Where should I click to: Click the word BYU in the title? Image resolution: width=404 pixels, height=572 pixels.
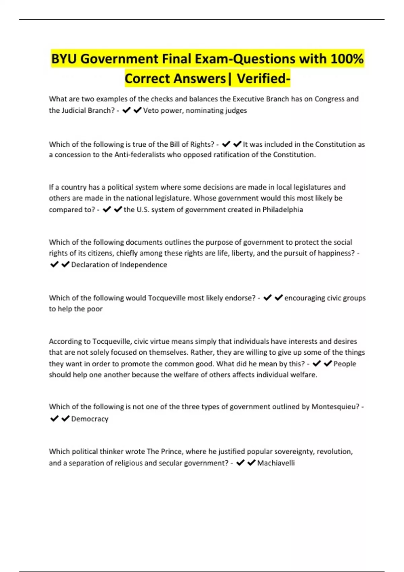pyautogui.click(x=64, y=59)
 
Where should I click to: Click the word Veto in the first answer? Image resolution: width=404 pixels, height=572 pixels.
pyautogui.click(x=150, y=110)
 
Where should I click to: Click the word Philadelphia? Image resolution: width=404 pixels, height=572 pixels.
pyautogui.click(x=282, y=210)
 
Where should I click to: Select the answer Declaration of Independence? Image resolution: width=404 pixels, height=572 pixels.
pyautogui.click(x=119, y=265)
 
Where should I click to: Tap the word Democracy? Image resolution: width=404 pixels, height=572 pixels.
pyautogui.click(x=90, y=419)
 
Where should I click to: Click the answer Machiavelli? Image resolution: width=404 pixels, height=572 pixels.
pyautogui.click(x=276, y=463)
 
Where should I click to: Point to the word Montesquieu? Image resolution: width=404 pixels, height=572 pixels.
pyautogui.click(x=335, y=406)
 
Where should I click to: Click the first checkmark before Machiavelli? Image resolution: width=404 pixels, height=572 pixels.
pyautogui.click(x=240, y=463)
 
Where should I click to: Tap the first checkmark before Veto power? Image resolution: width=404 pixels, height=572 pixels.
pyautogui.click(x=126, y=110)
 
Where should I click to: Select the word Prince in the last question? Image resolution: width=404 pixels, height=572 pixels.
pyautogui.click(x=171, y=452)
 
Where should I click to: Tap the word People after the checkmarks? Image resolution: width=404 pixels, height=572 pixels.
pyautogui.click(x=344, y=364)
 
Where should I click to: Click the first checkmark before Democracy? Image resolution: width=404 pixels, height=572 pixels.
pyautogui.click(x=54, y=419)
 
